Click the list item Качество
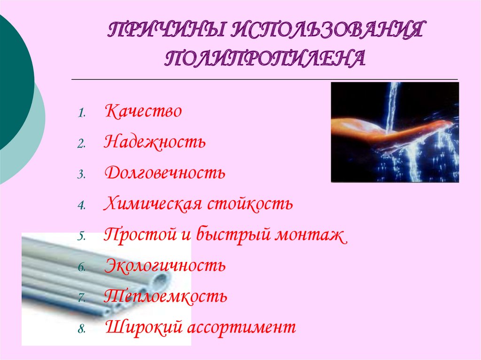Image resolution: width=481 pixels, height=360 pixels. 143,112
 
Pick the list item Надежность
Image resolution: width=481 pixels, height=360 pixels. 155,142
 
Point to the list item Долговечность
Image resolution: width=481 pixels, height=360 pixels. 165,173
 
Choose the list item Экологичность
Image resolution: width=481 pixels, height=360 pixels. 165,266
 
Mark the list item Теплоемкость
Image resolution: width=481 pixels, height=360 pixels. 166,296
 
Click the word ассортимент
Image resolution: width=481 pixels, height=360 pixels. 242,327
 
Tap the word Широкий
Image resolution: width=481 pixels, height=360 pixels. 143,327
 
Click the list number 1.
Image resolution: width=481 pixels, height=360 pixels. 81,113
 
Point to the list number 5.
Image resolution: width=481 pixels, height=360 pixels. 81,237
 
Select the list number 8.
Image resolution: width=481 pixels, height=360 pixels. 81,329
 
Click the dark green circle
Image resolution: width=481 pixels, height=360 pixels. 12,84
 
